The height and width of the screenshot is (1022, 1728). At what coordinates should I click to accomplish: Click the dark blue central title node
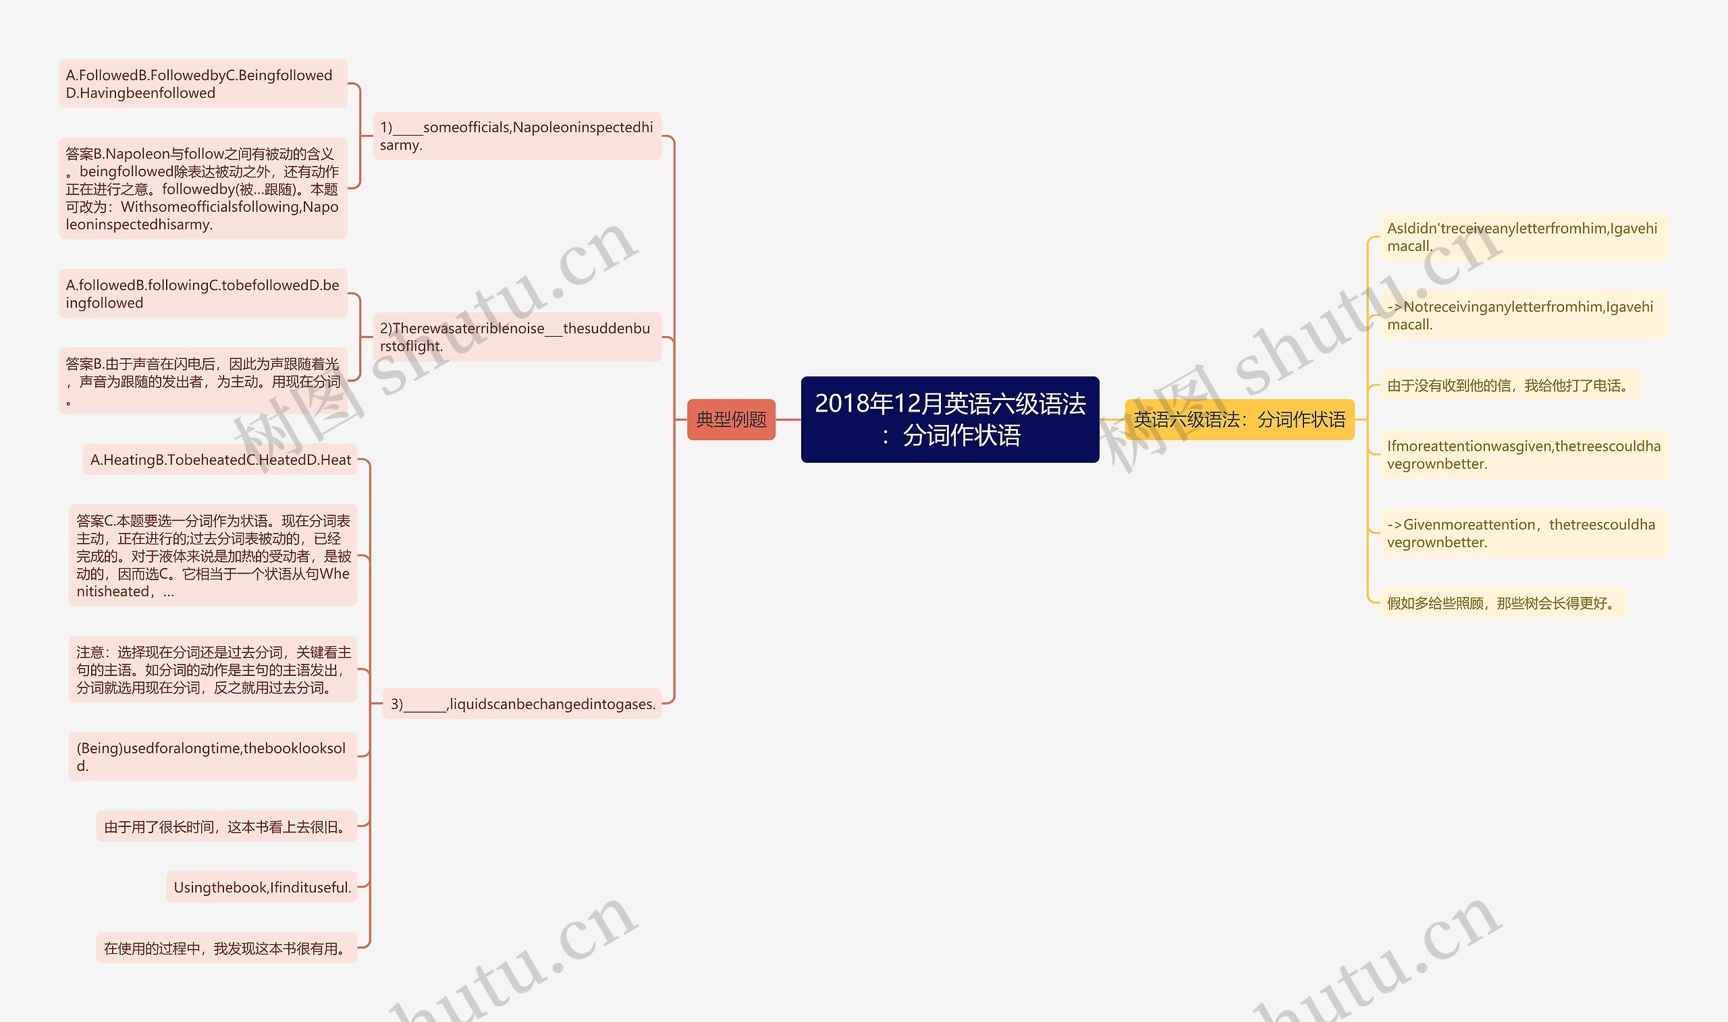pos(950,420)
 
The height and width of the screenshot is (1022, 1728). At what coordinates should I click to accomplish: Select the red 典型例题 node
pos(731,420)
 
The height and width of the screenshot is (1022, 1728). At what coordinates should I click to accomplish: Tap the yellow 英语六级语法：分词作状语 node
pos(1239,420)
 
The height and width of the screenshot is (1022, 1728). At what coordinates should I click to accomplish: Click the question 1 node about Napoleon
pos(517,136)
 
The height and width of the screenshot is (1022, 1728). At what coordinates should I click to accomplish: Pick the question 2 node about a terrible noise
pos(517,337)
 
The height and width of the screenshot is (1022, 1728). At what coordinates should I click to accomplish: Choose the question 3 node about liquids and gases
pos(522,704)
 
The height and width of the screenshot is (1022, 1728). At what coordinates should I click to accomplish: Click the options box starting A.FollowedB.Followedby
pos(202,84)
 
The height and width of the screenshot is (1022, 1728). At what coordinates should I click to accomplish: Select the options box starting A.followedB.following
pos(202,293)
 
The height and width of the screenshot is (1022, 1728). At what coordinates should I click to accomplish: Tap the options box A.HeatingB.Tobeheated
pos(220,459)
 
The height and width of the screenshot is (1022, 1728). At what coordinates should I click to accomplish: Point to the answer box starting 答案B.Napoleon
pos(202,188)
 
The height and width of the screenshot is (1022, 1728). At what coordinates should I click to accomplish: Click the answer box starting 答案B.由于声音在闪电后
pos(202,380)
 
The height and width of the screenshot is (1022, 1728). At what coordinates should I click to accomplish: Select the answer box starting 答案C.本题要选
pos(213,555)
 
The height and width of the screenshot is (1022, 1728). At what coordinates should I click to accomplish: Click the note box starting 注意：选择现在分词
pos(213,669)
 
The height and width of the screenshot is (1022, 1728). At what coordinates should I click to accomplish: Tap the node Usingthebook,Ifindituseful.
pos(262,887)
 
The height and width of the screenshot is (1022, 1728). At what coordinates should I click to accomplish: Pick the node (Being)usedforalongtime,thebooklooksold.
pos(213,756)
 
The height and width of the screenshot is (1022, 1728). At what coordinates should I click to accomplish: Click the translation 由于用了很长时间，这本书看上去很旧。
pos(226,826)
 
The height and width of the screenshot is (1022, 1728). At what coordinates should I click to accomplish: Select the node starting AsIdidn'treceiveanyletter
pos(1523,237)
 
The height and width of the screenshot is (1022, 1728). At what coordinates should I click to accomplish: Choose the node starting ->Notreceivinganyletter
pos(1523,316)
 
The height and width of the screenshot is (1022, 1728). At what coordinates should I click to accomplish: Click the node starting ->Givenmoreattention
pos(1523,533)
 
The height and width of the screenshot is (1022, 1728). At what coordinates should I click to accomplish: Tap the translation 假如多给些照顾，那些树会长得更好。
pos(1503,603)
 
